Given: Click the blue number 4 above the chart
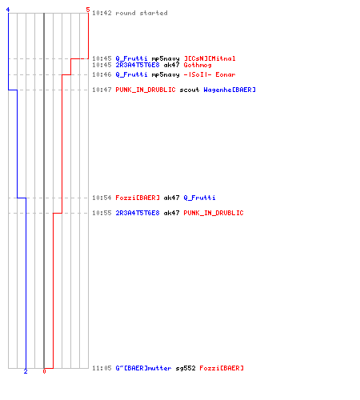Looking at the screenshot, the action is point(8,10).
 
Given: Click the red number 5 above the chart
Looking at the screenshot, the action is point(88,10).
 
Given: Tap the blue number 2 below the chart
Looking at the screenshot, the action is point(26,371).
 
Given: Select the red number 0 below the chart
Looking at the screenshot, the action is point(44,371).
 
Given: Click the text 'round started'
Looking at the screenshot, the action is point(142,13).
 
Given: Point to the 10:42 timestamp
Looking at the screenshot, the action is point(102,13).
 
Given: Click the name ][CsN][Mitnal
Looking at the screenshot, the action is point(210,58).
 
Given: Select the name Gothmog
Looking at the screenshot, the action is point(198,65).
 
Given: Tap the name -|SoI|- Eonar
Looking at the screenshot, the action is point(210,74).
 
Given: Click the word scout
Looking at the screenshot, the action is point(190,90).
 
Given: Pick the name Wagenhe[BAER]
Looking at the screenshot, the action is point(230,90).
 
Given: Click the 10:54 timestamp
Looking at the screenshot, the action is point(102,198).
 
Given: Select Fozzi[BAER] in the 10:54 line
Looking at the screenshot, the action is point(138,198).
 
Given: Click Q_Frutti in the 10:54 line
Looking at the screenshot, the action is point(199,198).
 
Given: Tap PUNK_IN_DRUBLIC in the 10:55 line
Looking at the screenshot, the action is point(214,213).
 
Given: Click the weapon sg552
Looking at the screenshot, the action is point(186,369).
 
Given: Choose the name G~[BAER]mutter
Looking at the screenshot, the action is point(143,368).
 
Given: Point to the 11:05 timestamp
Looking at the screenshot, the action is point(102,368).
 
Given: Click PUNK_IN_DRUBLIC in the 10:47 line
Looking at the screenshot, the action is point(146,90).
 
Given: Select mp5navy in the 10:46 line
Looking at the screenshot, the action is point(166,75).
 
